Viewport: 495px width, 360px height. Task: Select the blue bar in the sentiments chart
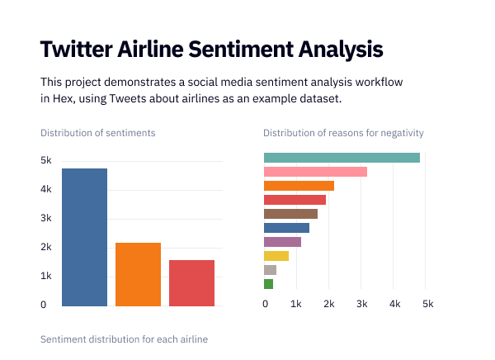(x=84, y=237)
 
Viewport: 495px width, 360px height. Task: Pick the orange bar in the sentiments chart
(x=138, y=274)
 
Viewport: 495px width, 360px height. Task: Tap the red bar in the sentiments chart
(x=191, y=282)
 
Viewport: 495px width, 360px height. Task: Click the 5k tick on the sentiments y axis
(x=46, y=160)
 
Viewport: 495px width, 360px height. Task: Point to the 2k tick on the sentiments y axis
(x=46, y=247)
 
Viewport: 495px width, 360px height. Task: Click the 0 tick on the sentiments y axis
(x=43, y=305)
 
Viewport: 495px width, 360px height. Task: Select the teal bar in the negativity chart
(x=342, y=158)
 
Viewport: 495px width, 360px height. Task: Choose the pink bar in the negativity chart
(x=315, y=172)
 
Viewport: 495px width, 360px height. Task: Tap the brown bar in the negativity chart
(x=290, y=214)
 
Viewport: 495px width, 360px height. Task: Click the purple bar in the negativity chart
(x=282, y=242)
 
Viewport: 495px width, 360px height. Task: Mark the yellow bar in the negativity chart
(x=276, y=256)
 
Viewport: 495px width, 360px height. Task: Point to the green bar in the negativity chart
(x=268, y=284)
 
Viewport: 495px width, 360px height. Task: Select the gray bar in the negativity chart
(x=270, y=270)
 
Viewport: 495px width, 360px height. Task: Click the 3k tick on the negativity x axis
(x=362, y=305)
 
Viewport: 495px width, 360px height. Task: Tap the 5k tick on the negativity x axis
(x=427, y=305)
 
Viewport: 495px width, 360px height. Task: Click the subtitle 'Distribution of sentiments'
(x=97, y=133)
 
